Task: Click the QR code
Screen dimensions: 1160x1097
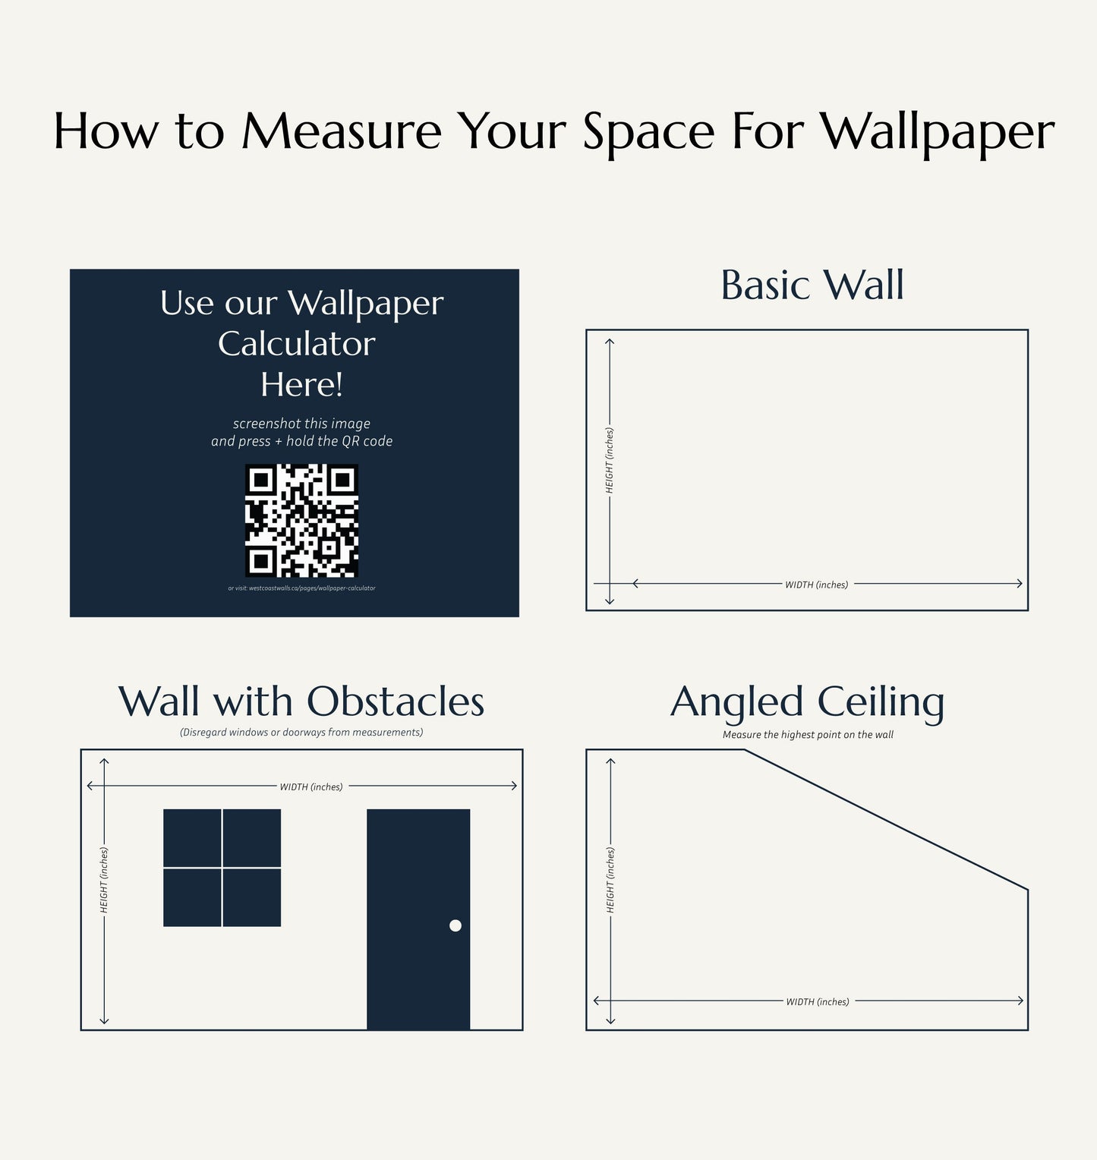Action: coord(301,521)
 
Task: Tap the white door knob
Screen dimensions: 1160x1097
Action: coord(456,925)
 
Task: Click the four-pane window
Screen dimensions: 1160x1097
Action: coord(222,868)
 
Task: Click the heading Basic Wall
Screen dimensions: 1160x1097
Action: coord(812,285)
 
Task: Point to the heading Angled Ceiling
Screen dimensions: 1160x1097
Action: coord(807,701)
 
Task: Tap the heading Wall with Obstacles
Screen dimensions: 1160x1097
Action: coord(301,701)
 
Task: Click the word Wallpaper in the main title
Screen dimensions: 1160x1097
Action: coord(938,132)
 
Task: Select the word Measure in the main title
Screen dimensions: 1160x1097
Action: coord(342,131)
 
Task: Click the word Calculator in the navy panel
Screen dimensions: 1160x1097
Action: coord(297,344)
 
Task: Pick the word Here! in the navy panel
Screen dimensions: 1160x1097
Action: coord(301,384)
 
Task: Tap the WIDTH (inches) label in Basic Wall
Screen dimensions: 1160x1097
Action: coord(816,585)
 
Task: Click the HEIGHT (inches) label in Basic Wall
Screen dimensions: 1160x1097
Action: coord(610,460)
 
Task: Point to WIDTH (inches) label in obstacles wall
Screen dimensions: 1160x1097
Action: coord(311,787)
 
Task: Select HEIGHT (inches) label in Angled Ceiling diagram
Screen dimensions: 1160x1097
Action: coord(610,881)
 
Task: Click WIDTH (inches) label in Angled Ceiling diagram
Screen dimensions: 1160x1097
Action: coord(818,1002)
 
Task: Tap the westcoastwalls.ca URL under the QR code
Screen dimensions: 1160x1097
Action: coord(301,588)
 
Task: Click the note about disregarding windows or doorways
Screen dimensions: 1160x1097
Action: coord(301,733)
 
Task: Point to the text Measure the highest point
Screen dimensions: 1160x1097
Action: coord(808,735)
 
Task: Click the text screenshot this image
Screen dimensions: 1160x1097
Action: coord(301,424)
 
